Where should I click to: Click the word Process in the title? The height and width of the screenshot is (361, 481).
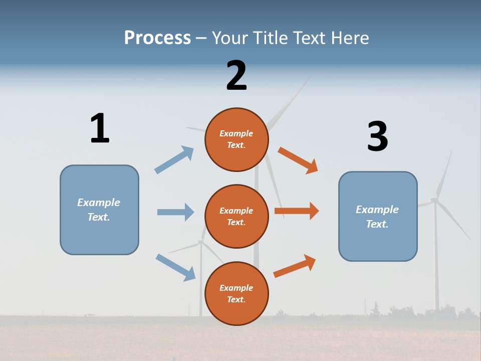point(157,38)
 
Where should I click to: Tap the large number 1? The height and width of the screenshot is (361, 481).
point(100,128)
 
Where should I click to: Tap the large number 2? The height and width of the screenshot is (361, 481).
point(236,76)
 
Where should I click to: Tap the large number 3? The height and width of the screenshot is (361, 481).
point(377,136)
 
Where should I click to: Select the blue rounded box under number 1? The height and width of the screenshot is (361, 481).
point(99,210)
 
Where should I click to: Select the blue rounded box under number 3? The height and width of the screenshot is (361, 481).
point(378,216)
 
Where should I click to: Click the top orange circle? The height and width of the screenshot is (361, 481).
point(236,139)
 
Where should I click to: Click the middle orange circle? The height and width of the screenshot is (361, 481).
point(236,216)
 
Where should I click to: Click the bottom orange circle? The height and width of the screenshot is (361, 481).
point(236,293)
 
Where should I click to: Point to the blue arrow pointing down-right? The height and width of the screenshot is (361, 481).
point(175,267)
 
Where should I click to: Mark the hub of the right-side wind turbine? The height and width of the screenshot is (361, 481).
point(434,200)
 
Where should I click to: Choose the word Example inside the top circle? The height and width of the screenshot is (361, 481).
point(236,134)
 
